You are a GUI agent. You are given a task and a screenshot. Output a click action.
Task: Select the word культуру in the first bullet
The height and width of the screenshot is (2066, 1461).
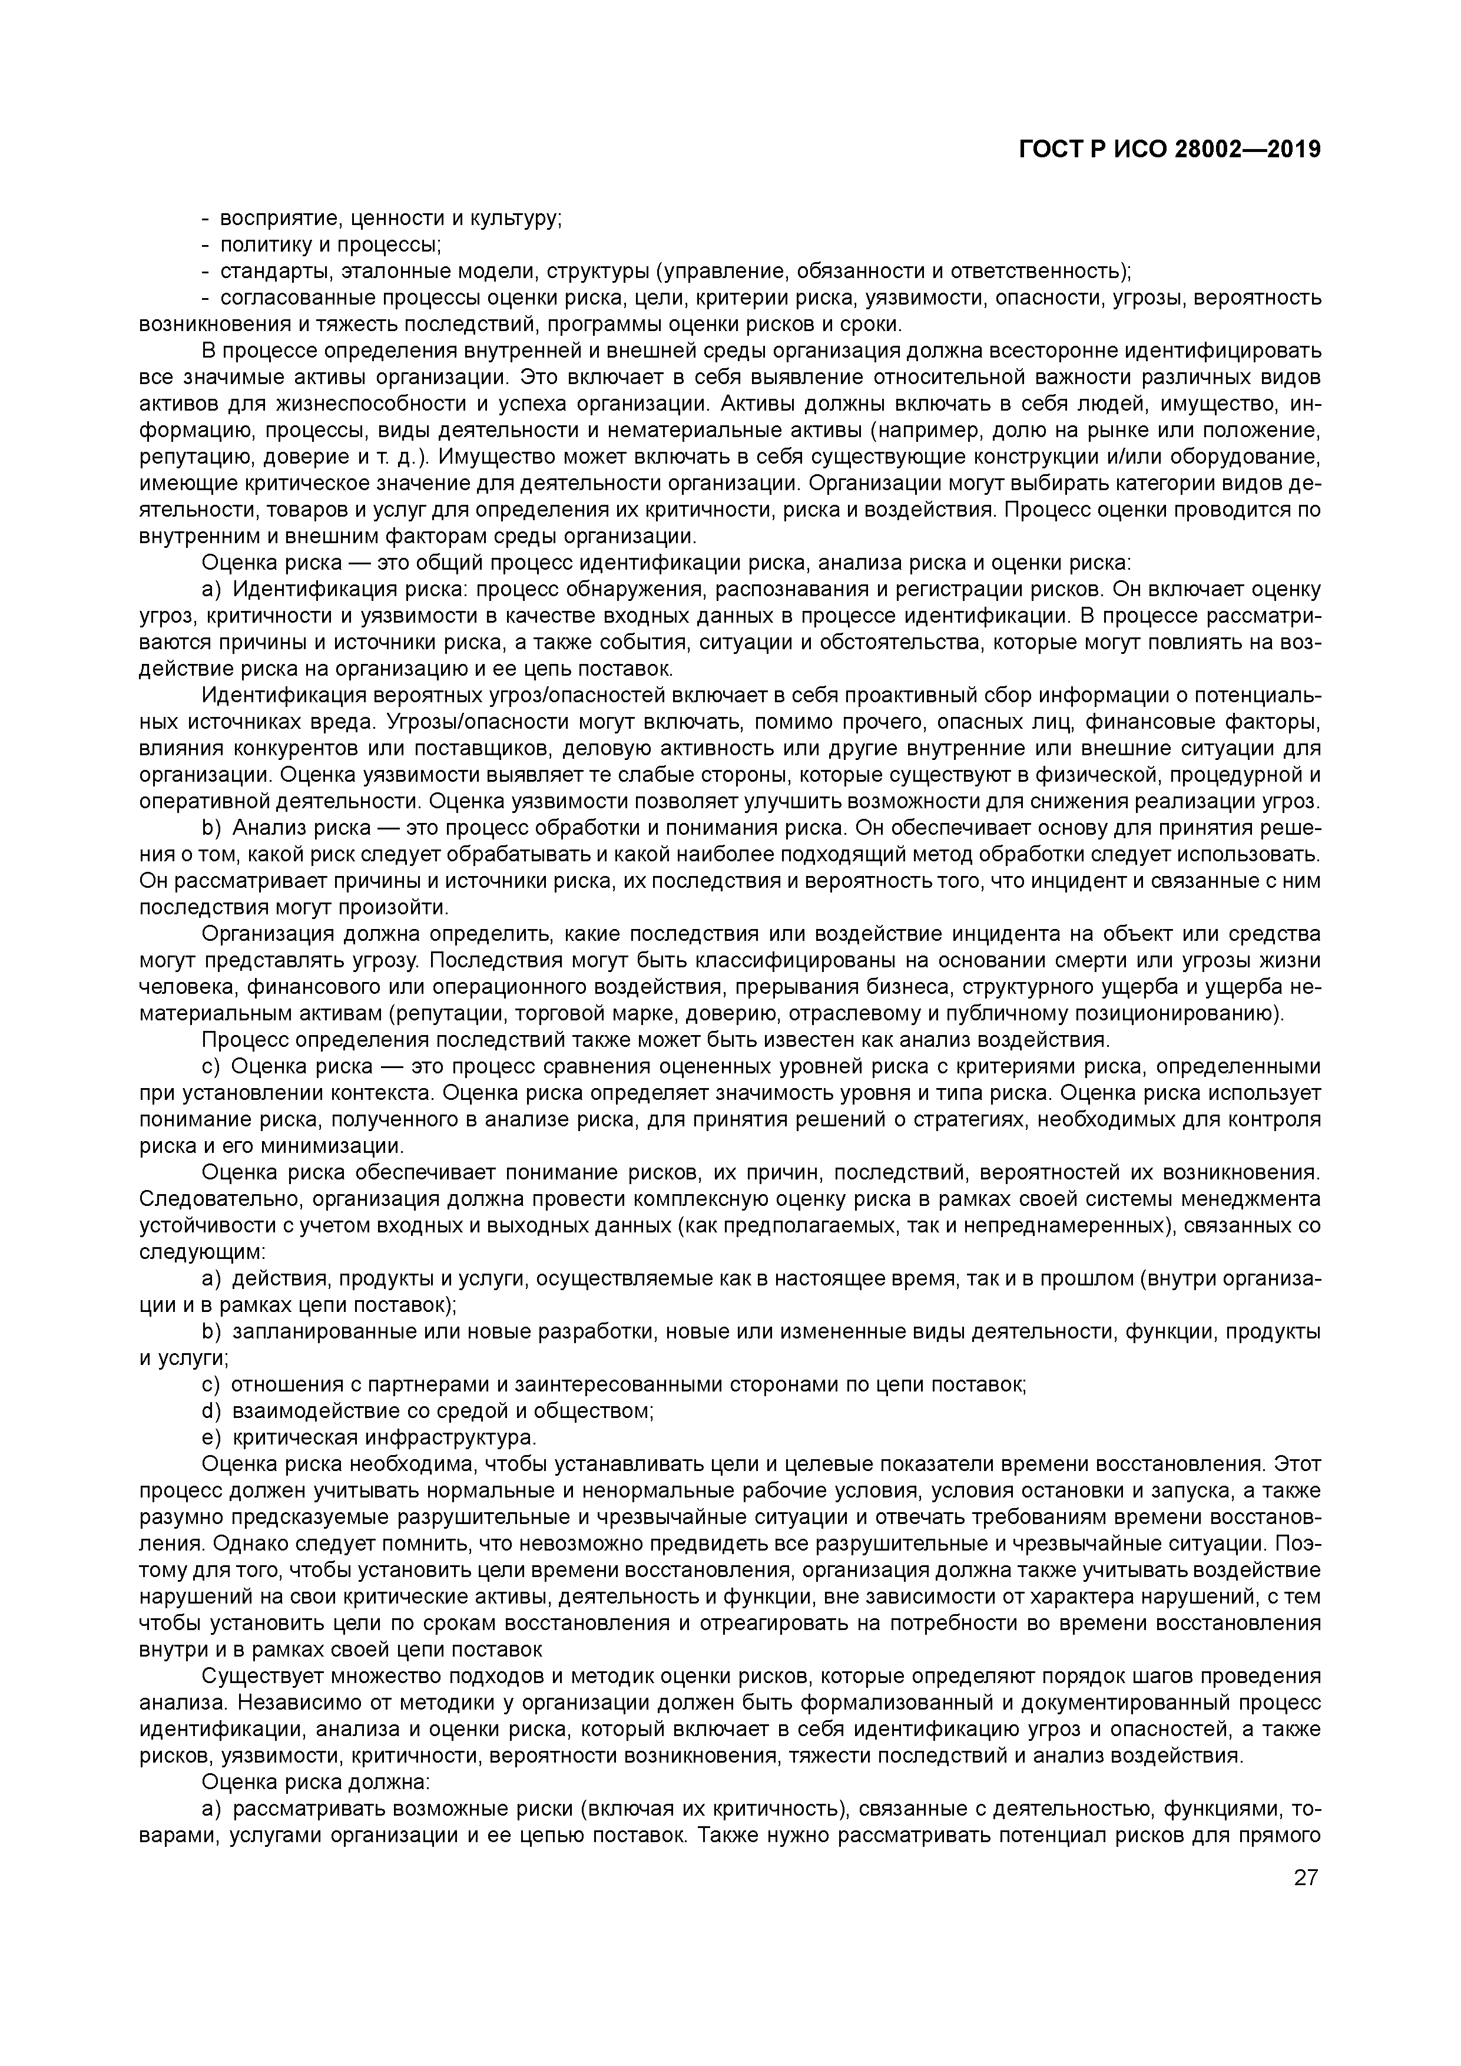(x=517, y=219)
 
